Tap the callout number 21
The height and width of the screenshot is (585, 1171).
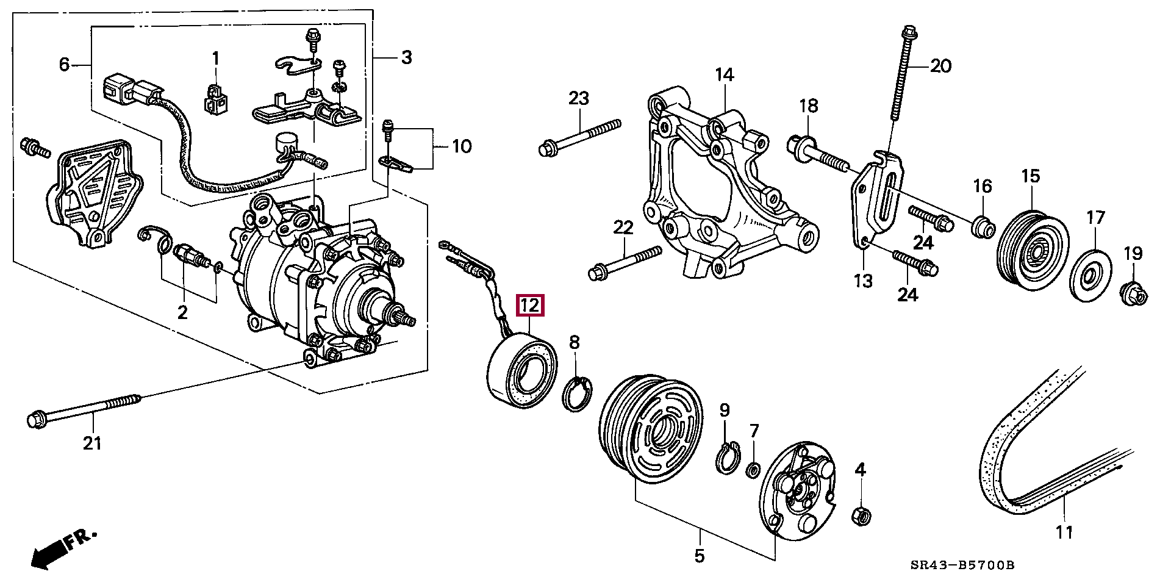point(92,443)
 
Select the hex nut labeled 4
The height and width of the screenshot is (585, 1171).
point(861,515)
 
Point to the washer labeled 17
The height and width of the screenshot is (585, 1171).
point(1092,275)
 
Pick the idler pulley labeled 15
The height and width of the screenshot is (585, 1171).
point(1033,252)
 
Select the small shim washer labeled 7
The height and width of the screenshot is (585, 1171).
point(753,470)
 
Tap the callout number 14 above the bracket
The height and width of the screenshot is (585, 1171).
point(725,76)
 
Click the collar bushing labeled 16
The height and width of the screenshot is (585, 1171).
point(983,227)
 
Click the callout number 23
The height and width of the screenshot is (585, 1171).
point(579,98)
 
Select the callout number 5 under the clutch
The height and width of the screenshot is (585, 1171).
point(699,556)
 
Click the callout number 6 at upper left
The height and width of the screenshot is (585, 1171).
point(65,64)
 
